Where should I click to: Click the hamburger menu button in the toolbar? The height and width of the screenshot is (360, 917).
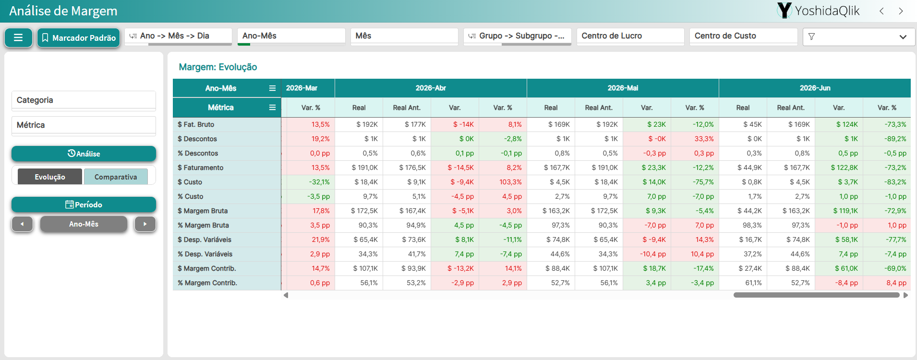pos(18,37)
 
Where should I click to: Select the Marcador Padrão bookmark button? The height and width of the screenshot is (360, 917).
pos(79,37)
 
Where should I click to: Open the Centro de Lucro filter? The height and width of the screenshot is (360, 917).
pos(630,36)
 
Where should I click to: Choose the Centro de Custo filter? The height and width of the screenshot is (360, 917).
pos(743,36)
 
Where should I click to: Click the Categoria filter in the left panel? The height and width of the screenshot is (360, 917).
pos(84,100)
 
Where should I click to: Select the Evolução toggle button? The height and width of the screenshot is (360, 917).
pos(50,177)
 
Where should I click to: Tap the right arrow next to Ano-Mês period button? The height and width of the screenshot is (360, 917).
pos(145,224)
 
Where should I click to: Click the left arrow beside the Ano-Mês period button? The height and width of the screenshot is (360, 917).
pos(22,224)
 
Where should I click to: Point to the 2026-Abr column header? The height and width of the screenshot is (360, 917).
pos(431,88)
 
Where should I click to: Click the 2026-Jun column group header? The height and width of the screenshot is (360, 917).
pos(815,88)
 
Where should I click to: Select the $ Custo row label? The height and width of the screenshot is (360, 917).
pos(190,182)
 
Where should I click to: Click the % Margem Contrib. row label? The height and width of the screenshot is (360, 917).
pos(207,283)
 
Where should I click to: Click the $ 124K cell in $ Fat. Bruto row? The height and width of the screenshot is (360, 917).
pos(839,124)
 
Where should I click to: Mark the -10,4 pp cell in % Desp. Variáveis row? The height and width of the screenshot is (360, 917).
pos(647,254)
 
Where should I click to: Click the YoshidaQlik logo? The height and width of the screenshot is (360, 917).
pos(818,11)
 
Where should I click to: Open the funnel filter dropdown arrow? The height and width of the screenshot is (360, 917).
pos(903,37)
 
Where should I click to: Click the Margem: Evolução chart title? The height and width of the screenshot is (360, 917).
pos(218,67)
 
